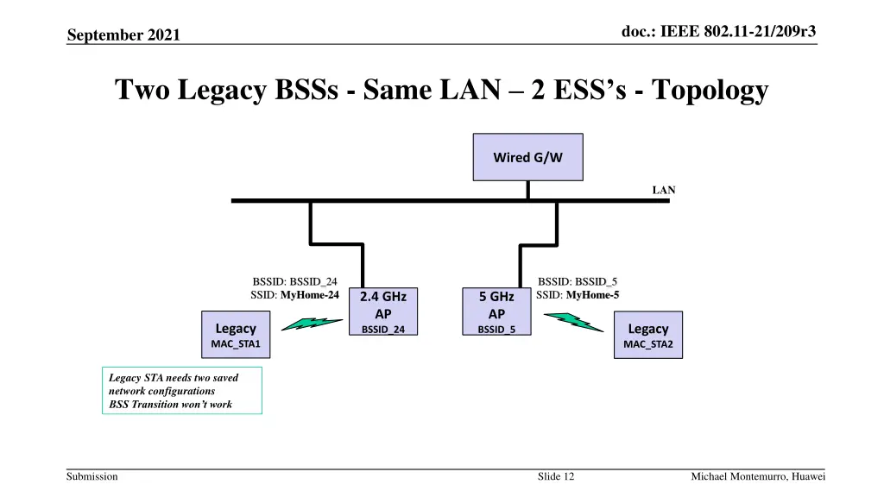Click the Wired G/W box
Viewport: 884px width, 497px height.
527,157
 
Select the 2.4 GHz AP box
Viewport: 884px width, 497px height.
383,311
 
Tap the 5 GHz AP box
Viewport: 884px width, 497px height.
496,311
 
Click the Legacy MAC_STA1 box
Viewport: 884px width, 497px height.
236,336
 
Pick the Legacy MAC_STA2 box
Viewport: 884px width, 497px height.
647,336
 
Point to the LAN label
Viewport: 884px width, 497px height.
663,190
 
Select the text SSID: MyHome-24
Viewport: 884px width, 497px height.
294,295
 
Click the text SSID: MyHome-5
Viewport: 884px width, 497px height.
578,295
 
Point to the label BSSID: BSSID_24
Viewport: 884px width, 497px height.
294,281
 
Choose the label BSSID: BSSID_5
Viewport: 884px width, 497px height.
578,281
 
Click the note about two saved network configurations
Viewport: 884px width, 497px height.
181,391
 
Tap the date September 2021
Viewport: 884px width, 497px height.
124,35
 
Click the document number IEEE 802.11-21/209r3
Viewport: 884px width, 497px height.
719,31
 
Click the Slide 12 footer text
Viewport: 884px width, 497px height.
556,476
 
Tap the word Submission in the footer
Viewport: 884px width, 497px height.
93,476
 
